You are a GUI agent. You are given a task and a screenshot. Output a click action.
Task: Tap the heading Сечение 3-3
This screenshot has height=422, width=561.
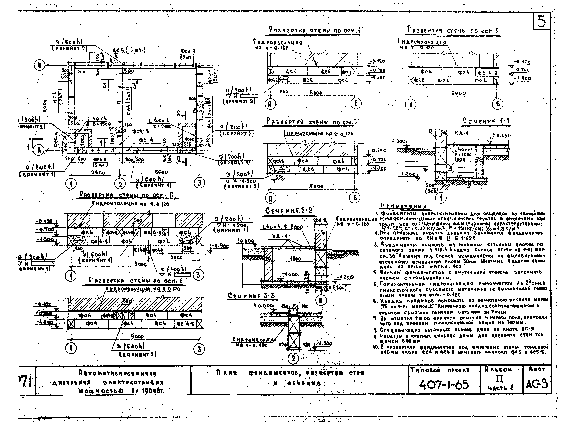click(251, 296)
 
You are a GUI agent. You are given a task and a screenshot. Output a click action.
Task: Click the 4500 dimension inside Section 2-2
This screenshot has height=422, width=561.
click(295, 259)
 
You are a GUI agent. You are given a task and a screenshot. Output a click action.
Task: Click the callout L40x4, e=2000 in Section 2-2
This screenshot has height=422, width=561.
click(283, 227)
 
